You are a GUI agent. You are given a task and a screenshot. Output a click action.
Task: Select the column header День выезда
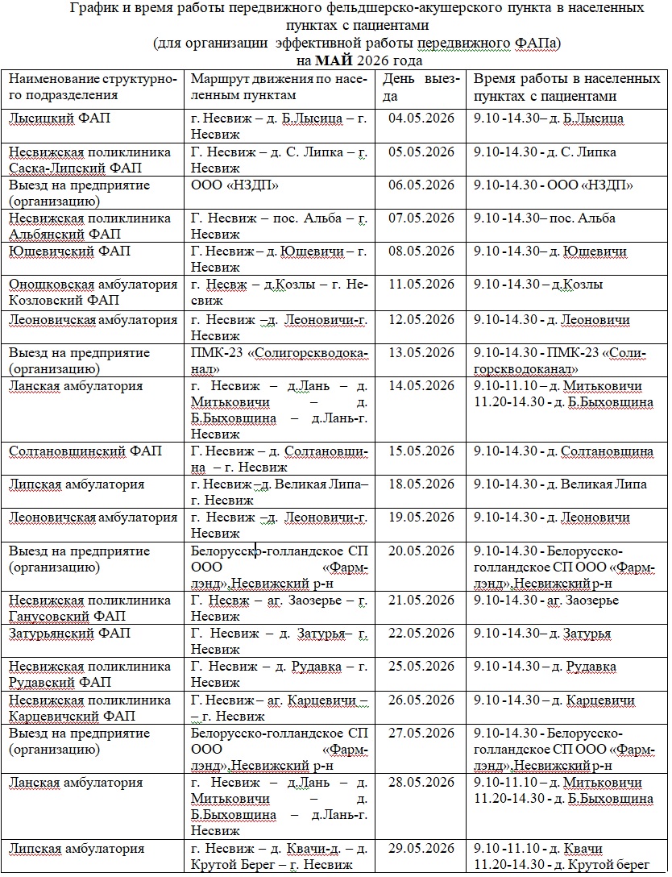(421, 88)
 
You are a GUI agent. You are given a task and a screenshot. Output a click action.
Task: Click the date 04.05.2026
(421, 118)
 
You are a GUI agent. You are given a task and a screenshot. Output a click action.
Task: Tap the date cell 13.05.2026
(421, 352)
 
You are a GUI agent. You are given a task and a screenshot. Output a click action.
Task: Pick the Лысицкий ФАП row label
(60, 118)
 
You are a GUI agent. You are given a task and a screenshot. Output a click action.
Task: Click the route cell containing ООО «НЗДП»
(235, 185)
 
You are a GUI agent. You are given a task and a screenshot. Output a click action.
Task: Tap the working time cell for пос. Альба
(545, 218)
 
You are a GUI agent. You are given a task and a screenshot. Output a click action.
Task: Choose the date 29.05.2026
(421, 848)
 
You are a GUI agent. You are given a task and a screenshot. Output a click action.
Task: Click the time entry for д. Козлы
(538, 284)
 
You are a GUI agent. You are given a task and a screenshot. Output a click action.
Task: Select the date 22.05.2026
(421, 634)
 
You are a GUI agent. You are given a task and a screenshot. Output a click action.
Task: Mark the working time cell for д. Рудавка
(545, 667)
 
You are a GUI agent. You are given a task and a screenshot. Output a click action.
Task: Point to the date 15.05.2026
(421, 451)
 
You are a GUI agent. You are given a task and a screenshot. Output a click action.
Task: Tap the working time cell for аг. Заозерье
(546, 601)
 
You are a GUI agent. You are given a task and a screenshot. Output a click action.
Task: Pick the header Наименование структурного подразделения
(93, 87)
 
